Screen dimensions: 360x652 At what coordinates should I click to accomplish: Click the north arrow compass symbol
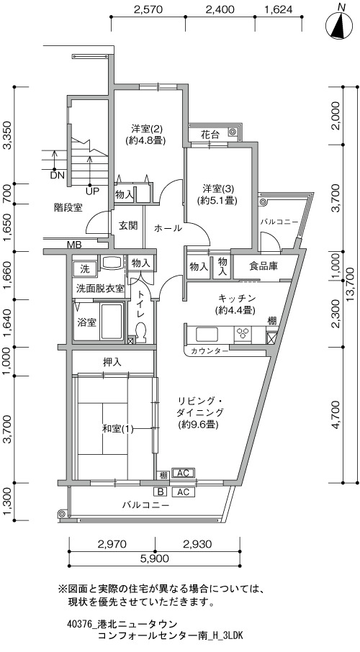coord(341,25)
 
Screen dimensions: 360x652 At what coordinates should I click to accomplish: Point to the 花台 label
coord(210,135)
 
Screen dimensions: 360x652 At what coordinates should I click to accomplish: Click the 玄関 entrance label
coord(127,225)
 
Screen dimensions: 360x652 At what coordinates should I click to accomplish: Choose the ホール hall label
coord(168,228)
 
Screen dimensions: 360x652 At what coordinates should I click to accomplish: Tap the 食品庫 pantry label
coord(264,266)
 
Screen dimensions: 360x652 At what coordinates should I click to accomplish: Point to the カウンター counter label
coord(210,351)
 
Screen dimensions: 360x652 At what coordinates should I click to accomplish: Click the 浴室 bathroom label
coord(87,322)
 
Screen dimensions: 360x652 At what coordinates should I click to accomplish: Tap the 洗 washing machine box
coord(84,268)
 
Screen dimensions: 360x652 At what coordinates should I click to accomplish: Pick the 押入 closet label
coord(112,362)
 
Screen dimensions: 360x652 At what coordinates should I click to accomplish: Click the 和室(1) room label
coord(118,429)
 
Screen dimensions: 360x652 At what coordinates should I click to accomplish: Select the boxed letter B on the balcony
coord(161,492)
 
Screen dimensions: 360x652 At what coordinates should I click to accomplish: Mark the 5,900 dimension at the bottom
coord(154,558)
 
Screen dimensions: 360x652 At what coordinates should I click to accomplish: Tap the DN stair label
coord(58,175)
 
